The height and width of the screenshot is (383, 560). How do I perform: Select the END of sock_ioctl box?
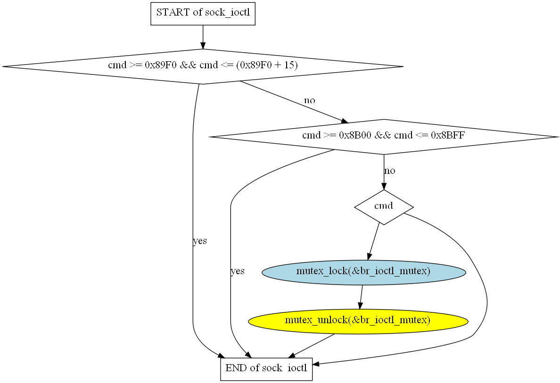coord(266,369)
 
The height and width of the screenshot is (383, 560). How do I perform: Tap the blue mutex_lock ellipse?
coord(363,272)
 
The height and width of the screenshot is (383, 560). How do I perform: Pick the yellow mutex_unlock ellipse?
coord(358,321)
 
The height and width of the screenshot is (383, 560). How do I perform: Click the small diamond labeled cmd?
coord(384,207)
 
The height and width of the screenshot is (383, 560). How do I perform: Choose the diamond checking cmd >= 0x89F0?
coord(203,66)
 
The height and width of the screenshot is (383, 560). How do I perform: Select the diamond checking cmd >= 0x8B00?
coord(384,137)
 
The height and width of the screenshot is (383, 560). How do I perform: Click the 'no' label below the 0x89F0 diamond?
coord(309,100)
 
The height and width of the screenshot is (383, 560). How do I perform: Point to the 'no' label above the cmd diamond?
coord(390,171)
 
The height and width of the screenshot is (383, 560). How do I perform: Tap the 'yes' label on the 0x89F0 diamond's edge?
coord(200,241)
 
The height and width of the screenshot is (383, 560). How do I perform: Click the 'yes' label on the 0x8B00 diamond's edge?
coord(238,271)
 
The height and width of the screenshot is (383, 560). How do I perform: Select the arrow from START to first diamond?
coord(203,37)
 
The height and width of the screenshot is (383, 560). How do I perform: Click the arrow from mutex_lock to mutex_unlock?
coord(361,297)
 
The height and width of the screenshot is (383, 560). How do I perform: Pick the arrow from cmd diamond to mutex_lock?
coord(373,242)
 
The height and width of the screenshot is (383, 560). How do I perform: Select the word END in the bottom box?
coord(237,368)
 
